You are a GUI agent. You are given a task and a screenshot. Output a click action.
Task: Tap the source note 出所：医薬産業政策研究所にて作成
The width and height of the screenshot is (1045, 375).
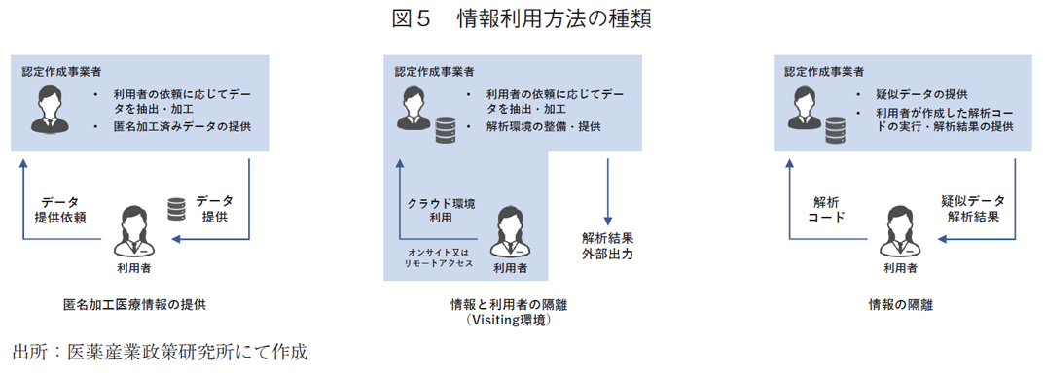point(161,351)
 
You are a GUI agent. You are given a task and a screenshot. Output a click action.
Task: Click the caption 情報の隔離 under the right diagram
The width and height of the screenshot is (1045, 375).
point(901,305)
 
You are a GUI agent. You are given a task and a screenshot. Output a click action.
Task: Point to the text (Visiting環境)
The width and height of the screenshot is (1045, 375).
point(510,320)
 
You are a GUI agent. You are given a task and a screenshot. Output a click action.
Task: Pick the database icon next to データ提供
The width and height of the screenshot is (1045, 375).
point(176,209)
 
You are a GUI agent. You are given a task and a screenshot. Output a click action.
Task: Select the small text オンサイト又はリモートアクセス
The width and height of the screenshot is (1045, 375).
point(440,256)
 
